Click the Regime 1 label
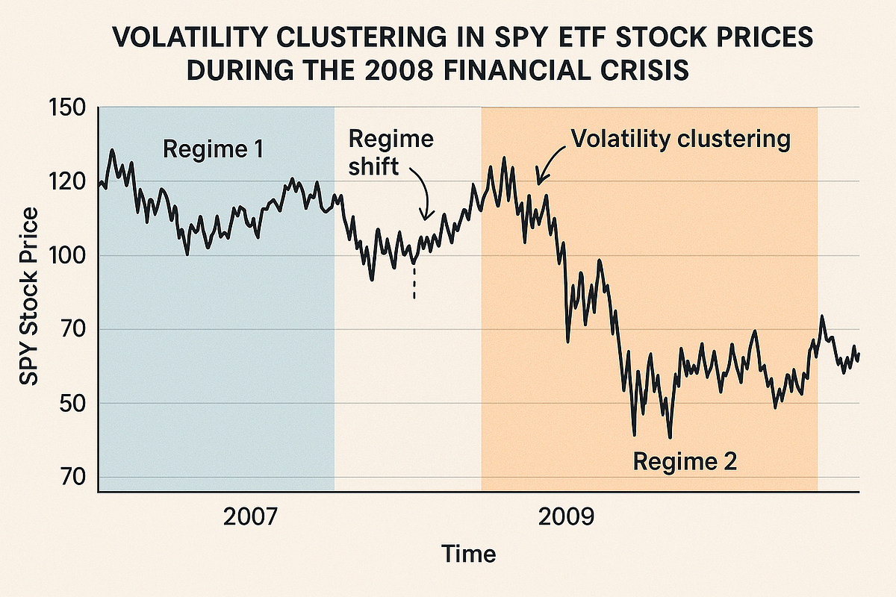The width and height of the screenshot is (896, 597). click(x=213, y=149)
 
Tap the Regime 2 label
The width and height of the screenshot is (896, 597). click(x=685, y=461)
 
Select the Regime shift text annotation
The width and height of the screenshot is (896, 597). click(x=391, y=153)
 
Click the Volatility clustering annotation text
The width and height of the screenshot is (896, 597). click(x=679, y=139)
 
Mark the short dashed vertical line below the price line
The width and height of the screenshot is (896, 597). click(x=414, y=284)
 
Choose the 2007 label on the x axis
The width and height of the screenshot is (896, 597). click(x=250, y=516)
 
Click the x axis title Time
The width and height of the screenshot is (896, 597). click(x=468, y=554)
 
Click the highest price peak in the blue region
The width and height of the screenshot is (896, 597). click(x=112, y=151)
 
